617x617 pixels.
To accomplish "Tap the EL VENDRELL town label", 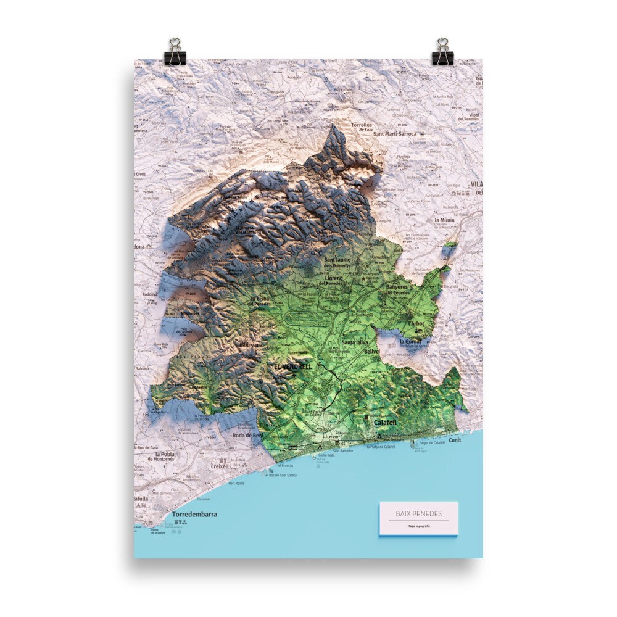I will (293, 366).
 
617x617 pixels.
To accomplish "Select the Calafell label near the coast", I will (385, 423).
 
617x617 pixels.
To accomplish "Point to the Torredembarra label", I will (194, 514).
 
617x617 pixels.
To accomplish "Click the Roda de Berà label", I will (249, 436).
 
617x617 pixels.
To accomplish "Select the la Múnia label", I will (444, 220).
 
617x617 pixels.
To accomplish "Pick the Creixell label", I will (220, 466).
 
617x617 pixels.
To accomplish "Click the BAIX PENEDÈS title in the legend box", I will (418, 513).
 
